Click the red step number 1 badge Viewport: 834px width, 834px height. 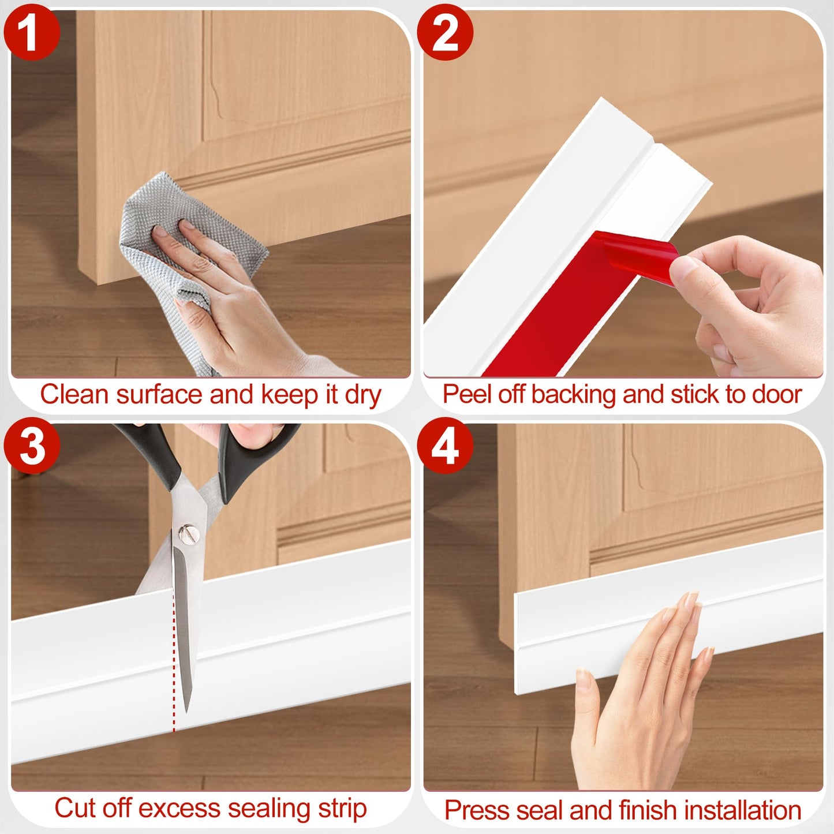click(x=31, y=32)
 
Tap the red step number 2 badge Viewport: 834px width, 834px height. click(x=445, y=32)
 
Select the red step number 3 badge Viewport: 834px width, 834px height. click(x=32, y=446)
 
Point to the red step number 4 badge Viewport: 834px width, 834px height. click(x=445, y=446)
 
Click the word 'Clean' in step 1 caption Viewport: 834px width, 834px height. click(x=74, y=395)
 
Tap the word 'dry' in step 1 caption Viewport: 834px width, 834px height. click(x=362, y=395)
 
